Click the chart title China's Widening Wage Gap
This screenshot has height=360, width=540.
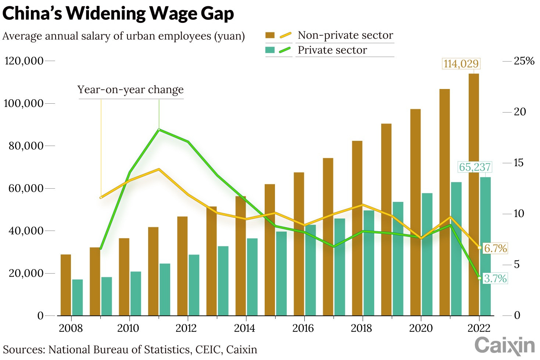click(x=118, y=13)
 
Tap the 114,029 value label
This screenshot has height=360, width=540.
click(x=461, y=64)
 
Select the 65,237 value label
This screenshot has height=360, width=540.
click(x=475, y=167)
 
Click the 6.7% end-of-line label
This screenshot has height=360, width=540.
click(x=495, y=248)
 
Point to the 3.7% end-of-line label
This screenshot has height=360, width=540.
click(x=495, y=278)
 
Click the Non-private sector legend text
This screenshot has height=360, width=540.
click(x=345, y=35)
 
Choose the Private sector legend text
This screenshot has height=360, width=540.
click(x=332, y=50)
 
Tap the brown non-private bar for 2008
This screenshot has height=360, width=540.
click(x=66, y=285)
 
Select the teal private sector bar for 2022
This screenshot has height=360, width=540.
click(x=485, y=246)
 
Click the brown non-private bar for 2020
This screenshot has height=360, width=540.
click(x=415, y=212)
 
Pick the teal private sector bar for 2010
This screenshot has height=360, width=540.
click(x=136, y=293)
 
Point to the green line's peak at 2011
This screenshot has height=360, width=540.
click(x=159, y=129)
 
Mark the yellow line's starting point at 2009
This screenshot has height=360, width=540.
click(x=101, y=197)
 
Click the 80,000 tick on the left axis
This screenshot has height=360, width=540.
click(x=26, y=146)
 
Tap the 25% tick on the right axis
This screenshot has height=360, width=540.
click(x=524, y=61)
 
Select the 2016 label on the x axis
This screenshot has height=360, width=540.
click(x=303, y=328)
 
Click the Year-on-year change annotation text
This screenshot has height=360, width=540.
click(x=130, y=90)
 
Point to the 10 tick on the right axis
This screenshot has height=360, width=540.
click(x=519, y=214)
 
